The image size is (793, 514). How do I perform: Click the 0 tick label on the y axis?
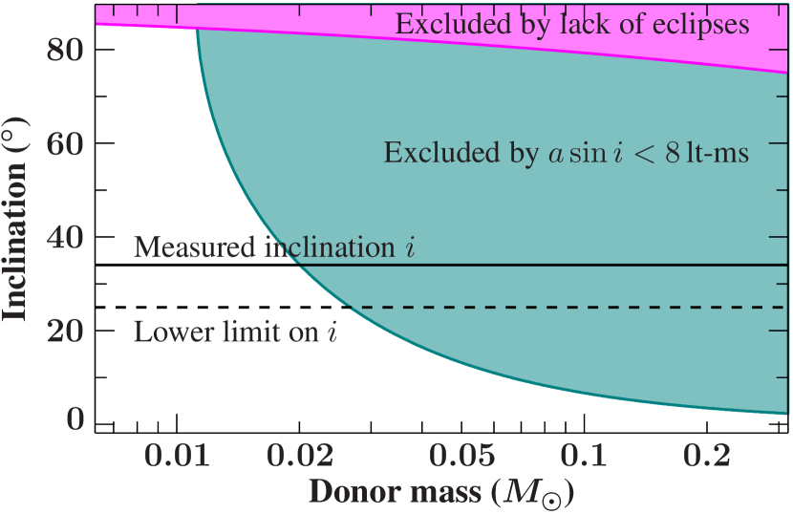(x=74, y=420)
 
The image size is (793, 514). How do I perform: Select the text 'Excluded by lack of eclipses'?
(x=572, y=24)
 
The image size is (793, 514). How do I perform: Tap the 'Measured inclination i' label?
(x=275, y=247)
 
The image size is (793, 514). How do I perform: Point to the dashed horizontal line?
(x=573, y=308)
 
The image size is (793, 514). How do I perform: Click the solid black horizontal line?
(x=573, y=265)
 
